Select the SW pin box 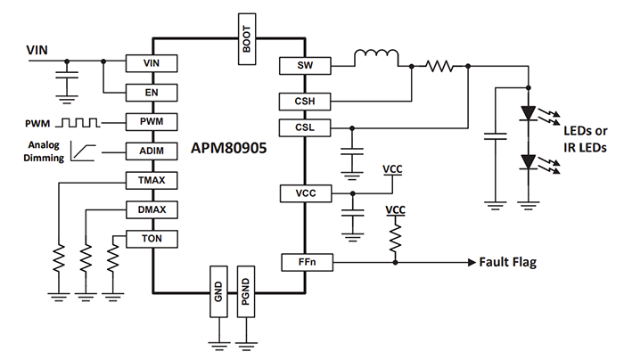coord(304,66)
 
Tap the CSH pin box coord(304,102)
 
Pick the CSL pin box coord(304,128)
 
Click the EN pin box coord(152,92)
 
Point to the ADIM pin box coord(152,151)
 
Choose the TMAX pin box coord(152,181)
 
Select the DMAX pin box coord(152,210)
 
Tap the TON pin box coord(152,239)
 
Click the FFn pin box coord(304,263)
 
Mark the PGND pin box coord(246,290)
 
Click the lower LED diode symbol coord(528,162)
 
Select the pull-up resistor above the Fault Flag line coord(394,237)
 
